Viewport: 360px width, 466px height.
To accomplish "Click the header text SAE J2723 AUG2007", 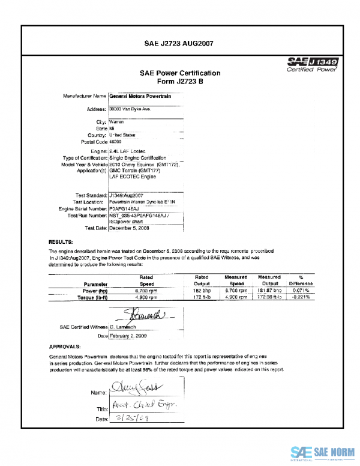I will (179, 43).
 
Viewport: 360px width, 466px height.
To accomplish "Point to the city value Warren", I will (117, 122).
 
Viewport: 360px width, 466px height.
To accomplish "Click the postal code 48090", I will (116, 142).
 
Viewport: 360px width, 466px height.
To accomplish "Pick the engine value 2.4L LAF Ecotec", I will (128, 151).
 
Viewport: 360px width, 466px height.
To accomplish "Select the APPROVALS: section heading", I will (65, 347).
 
